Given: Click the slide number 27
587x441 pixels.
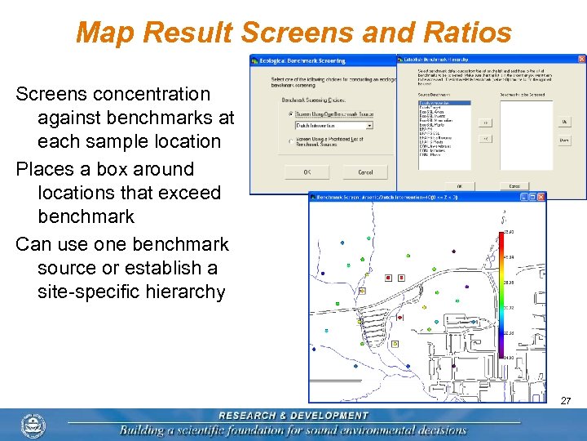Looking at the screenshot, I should pyautogui.click(x=566, y=401).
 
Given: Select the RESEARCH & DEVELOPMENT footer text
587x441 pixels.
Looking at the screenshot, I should pyautogui.click(x=293, y=416).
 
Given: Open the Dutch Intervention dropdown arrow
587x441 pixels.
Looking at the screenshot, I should pyautogui.click(x=369, y=126).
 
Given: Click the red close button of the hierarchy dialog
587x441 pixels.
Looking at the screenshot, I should pyautogui.click(x=580, y=60).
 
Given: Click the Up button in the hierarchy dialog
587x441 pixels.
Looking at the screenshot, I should pyautogui.click(x=564, y=122).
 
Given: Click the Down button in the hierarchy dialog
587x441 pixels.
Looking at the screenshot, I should pyautogui.click(x=564, y=140).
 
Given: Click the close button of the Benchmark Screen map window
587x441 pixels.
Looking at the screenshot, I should pyautogui.click(x=541, y=197).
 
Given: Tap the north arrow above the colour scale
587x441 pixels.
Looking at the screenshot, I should pyautogui.click(x=504, y=216).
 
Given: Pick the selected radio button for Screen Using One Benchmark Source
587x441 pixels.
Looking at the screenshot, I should pyautogui.click(x=291, y=114).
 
